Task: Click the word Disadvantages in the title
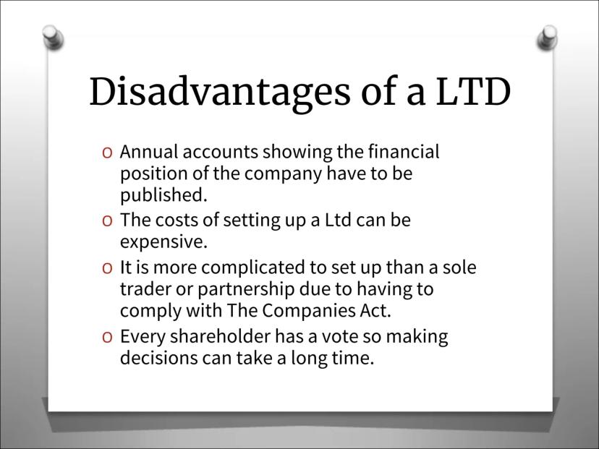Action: pyautogui.click(x=219, y=92)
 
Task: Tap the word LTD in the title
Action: pyautogui.click(x=473, y=91)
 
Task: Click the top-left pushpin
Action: pyautogui.click(x=53, y=37)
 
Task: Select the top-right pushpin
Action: pyautogui.click(x=547, y=37)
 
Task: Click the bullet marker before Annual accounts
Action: pyautogui.click(x=107, y=153)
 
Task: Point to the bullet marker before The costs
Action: pyautogui.click(x=107, y=221)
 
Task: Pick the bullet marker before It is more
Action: pyautogui.click(x=107, y=268)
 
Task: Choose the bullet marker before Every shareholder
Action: pyautogui.click(x=107, y=337)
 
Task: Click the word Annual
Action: pyautogui.click(x=149, y=152)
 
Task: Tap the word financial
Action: pyautogui.click(x=404, y=152)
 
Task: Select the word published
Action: pyautogui.click(x=163, y=195)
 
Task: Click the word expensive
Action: pyautogui.click(x=163, y=242)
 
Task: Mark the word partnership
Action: pyautogui.click(x=246, y=289)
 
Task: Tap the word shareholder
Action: pyautogui.click(x=220, y=336)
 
